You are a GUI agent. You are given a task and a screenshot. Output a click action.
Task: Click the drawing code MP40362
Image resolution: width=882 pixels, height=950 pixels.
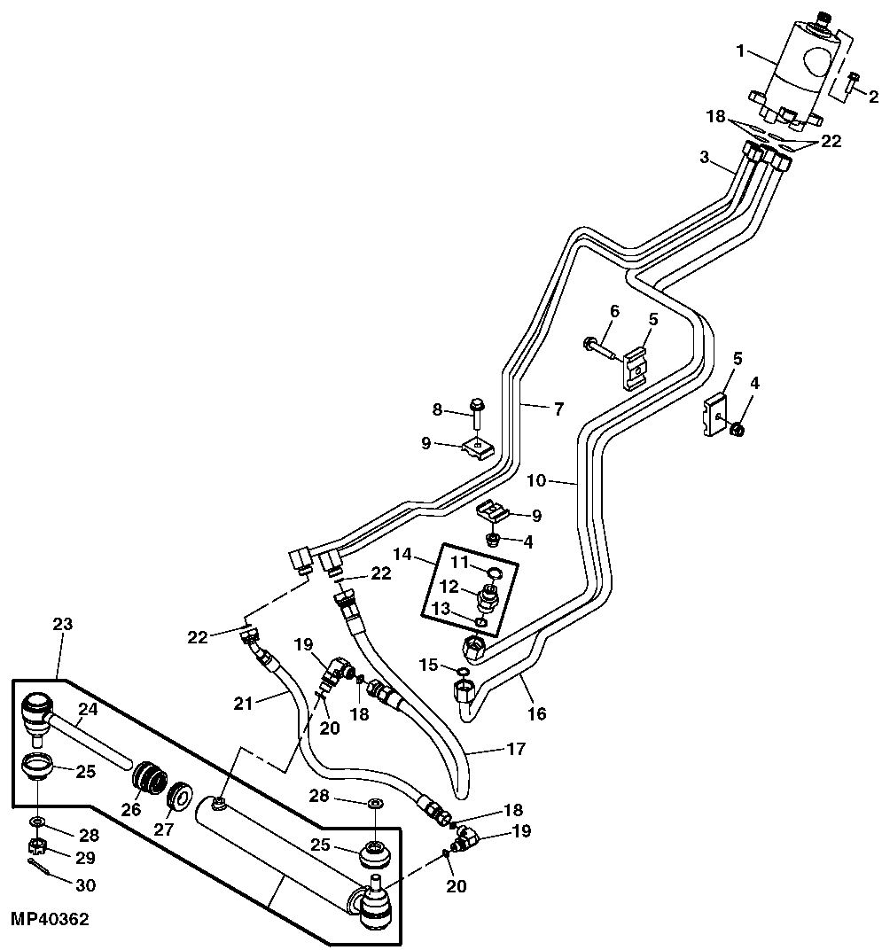(x=51, y=921)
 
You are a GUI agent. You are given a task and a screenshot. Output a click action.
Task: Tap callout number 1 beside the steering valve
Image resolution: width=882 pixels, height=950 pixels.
(x=741, y=51)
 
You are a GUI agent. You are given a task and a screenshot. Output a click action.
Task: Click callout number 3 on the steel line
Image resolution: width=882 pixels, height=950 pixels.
(x=704, y=159)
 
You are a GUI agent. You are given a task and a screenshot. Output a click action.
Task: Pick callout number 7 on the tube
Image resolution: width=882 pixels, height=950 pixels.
(x=558, y=409)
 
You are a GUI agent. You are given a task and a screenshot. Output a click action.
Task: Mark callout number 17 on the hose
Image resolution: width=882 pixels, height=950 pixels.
(x=517, y=749)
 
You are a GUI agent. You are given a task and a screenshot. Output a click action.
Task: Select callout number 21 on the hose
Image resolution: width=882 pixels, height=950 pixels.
(x=244, y=703)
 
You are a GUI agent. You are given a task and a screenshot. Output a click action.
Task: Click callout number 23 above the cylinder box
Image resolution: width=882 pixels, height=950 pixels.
(x=63, y=624)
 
